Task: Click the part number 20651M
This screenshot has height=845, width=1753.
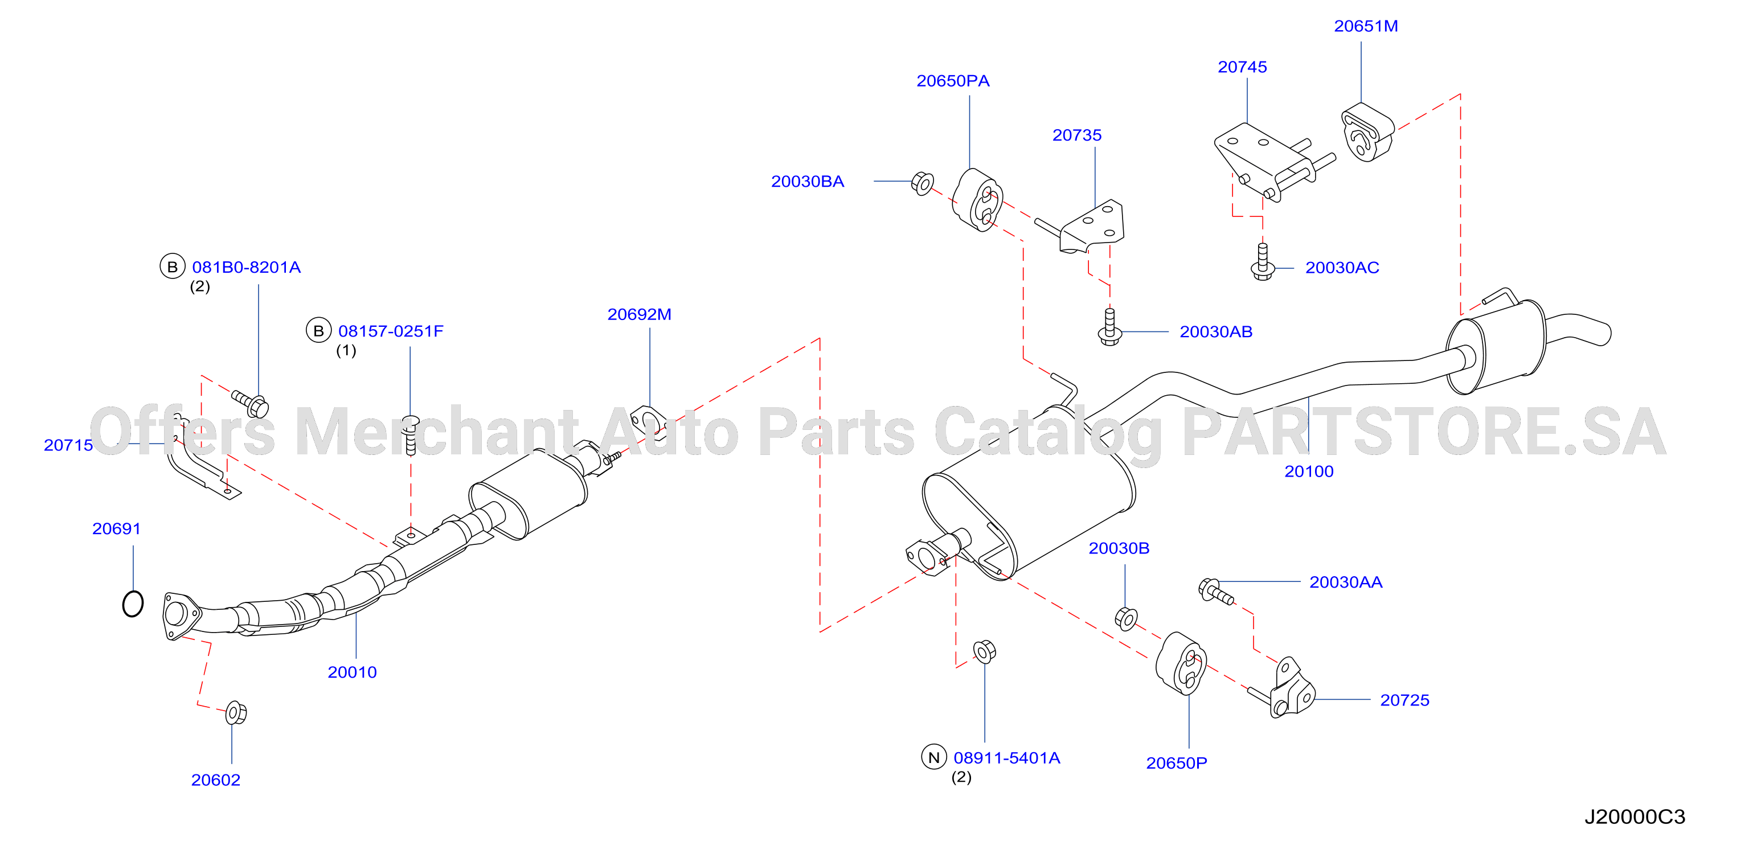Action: (x=1366, y=26)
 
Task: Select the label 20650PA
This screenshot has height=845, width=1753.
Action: (x=953, y=81)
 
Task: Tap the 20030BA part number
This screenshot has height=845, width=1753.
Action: (x=807, y=182)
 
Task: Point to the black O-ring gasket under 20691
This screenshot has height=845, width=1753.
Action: (x=133, y=604)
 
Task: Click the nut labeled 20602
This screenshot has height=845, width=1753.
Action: (x=235, y=712)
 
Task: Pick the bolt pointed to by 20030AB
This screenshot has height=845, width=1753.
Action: (x=1110, y=327)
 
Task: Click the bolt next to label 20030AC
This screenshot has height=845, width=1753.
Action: (x=1262, y=262)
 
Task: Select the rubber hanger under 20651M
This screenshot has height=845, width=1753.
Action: (x=1366, y=133)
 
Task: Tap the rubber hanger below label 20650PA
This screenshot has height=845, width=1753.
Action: (x=977, y=200)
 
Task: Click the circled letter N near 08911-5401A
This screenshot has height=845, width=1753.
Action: (x=933, y=757)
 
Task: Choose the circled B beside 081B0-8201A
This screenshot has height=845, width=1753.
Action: (x=172, y=266)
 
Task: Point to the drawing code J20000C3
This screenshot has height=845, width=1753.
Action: (x=1635, y=817)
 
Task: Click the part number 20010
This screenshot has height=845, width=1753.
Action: (x=352, y=672)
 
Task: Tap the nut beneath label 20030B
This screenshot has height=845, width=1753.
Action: (x=1127, y=618)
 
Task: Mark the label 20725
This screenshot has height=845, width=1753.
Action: (x=1404, y=700)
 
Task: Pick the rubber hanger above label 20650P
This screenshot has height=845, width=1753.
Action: (x=1181, y=663)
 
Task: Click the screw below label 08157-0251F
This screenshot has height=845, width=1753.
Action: (x=411, y=434)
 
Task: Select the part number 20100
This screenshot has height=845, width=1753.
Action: (x=1309, y=471)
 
